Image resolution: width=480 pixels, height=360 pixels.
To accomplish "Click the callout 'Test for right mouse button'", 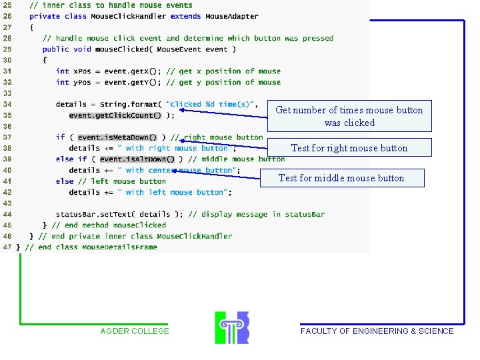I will pos(349,148).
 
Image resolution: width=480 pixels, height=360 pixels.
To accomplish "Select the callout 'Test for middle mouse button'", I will pos(341,178).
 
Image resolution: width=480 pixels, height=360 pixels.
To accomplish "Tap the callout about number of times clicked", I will pos(349,116).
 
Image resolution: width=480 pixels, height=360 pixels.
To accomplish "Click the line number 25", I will pos(7,5).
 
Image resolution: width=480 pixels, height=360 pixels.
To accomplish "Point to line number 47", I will pos(7,247).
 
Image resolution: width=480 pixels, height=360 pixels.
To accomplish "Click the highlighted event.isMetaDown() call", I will pos(118,137).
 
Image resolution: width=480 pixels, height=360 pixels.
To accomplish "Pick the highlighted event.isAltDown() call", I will pos(137,159).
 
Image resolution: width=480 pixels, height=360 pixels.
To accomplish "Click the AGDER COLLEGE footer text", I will pos(135,331).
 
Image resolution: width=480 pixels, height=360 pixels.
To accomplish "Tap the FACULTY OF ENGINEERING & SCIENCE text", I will pos(377,331).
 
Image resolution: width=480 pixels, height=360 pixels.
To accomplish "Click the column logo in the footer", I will pos(231,327).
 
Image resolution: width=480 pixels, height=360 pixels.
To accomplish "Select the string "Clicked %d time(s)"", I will pos(211,105).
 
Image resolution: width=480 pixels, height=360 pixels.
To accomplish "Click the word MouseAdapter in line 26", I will pos(231,17).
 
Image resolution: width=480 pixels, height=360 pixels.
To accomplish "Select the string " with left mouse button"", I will pos(175,193).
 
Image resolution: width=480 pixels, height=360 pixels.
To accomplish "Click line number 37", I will pos(7,137).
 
